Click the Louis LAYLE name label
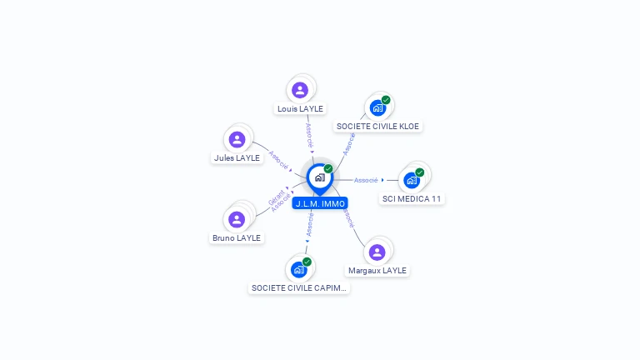(x=300, y=108)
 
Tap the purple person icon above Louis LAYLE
(x=300, y=89)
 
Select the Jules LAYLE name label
(x=237, y=157)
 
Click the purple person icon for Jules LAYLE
(x=237, y=139)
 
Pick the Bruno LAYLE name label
(x=236, y=237)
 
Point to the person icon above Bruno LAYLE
(x=237, y=219)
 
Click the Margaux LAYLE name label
(x=377, y=270)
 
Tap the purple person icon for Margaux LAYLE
(x=377, y=252)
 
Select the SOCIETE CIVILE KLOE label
(x=378, y=127)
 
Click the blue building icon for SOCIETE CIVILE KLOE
(x=377, y=107)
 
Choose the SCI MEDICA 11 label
(x=412, y=198)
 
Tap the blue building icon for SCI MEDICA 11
(x=411, y=180)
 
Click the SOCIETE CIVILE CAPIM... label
(x=299, y=287)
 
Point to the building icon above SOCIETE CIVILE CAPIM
(x=298, y=269)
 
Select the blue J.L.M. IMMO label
(x=320, y=203)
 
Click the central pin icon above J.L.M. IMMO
(x=319, y=177)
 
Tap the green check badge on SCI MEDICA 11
(x=420, y=172)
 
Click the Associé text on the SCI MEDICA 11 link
(x=367, y=179)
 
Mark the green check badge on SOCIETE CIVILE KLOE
(x=386, y=100)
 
